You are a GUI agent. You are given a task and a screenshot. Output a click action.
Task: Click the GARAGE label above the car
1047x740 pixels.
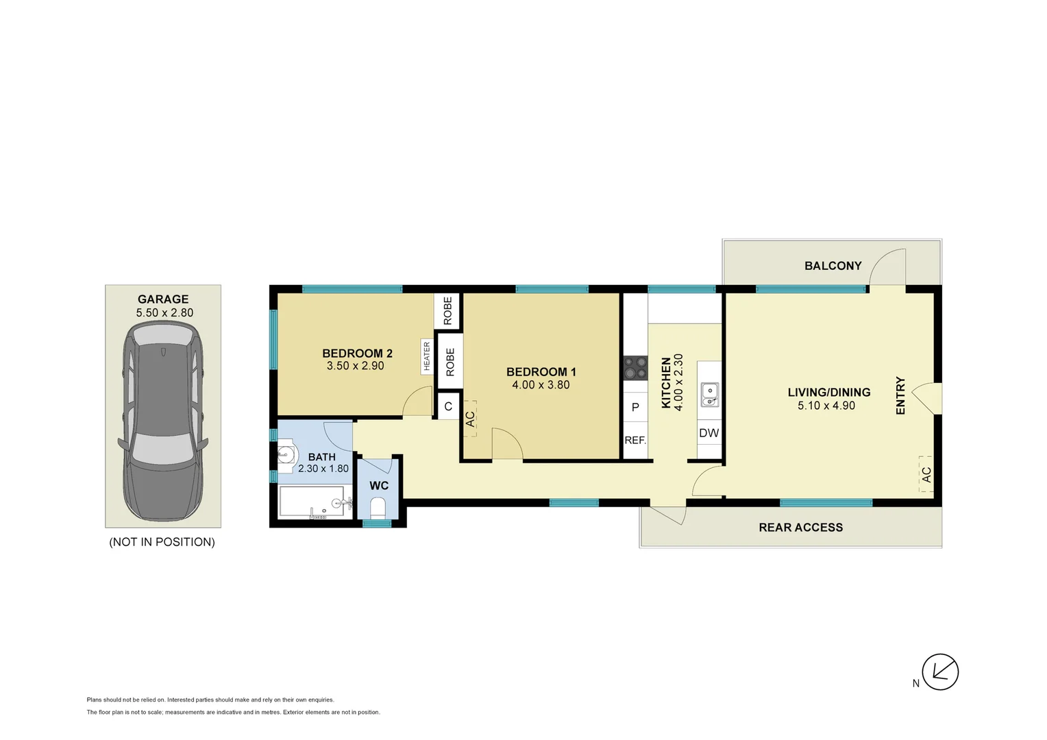click(163, 299)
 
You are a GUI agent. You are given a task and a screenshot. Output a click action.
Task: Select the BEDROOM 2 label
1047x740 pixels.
click(357, 354)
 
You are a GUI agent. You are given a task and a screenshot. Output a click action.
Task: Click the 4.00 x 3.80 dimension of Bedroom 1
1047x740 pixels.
click(541, 385)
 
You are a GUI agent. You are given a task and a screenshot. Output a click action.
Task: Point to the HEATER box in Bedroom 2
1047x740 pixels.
click(427, 356)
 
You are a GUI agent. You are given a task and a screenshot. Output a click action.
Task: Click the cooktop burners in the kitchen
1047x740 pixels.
click(635, 368)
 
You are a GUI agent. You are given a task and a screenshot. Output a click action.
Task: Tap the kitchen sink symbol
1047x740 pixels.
click(710, 395)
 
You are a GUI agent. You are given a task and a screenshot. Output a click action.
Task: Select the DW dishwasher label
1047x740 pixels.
click(709, 433)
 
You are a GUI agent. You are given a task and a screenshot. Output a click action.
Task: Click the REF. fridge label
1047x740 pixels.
click(635, 441)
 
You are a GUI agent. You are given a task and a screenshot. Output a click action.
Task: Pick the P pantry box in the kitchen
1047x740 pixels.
click(635, 408)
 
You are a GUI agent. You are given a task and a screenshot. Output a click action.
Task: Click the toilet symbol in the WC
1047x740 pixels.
click(378, 508)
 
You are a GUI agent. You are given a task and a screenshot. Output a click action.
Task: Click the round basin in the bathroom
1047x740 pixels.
click(286, 454)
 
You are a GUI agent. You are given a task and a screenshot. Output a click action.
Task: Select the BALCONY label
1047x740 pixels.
click(833, 266)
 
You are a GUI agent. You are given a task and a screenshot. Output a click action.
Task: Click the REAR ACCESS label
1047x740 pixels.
click(800, 528)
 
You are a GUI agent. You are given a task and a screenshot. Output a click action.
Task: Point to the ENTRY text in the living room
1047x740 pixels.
click(900, 395)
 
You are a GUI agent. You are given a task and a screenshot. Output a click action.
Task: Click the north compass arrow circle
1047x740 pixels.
click(940, 671)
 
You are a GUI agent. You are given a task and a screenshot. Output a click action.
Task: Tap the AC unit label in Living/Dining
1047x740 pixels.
click(926, 474)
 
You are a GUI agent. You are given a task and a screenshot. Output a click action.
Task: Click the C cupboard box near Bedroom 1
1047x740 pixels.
click(448, 406)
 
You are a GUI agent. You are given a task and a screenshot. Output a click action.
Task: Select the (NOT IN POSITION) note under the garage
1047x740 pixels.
click(162, 542)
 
